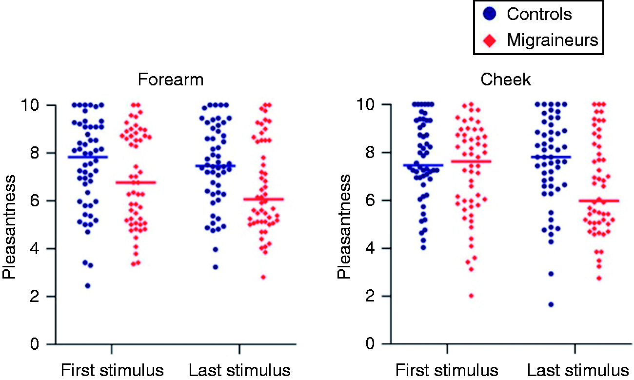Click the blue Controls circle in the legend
pos(490,14)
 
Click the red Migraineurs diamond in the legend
pos(490,41)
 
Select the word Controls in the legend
pos(539,14)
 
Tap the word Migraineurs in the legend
pos(553,40)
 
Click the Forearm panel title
pos(171,80)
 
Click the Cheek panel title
pos(506,80)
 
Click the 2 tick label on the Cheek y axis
pos(370,296)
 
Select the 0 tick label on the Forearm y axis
pos(35,344)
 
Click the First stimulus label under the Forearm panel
pos(112,370)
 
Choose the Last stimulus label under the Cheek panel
pos(578,370)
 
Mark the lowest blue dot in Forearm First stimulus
pos(88,286)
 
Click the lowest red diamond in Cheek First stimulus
pos(471,296)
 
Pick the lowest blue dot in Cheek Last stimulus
pos(551,305)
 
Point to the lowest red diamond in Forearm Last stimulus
pos(263,277)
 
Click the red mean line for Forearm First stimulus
pos(136,182)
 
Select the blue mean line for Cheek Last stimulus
pos(551,157)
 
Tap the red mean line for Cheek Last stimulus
pos(599,201)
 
